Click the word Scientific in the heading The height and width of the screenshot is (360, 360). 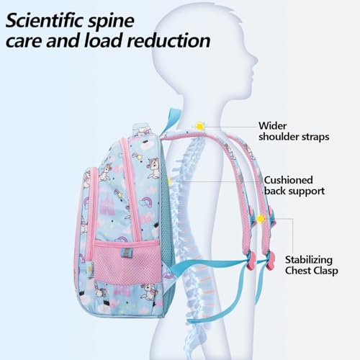(45, 20)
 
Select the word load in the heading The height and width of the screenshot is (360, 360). (104, 40)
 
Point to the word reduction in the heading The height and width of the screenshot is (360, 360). (168, 40)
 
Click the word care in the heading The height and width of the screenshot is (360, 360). (24, 41)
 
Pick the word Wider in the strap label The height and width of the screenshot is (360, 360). (273, 126)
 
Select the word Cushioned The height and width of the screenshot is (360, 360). (288, 180)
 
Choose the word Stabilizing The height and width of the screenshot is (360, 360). (309, 260)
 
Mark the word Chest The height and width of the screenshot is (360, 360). (297, 271)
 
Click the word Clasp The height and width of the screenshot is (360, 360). (324, 271)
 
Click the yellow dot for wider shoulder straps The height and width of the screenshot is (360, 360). (199, 126)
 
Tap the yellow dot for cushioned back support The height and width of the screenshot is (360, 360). (170, 181)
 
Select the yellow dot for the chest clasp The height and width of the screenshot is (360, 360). (261, 219)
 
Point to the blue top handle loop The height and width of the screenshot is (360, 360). (170, 120)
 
